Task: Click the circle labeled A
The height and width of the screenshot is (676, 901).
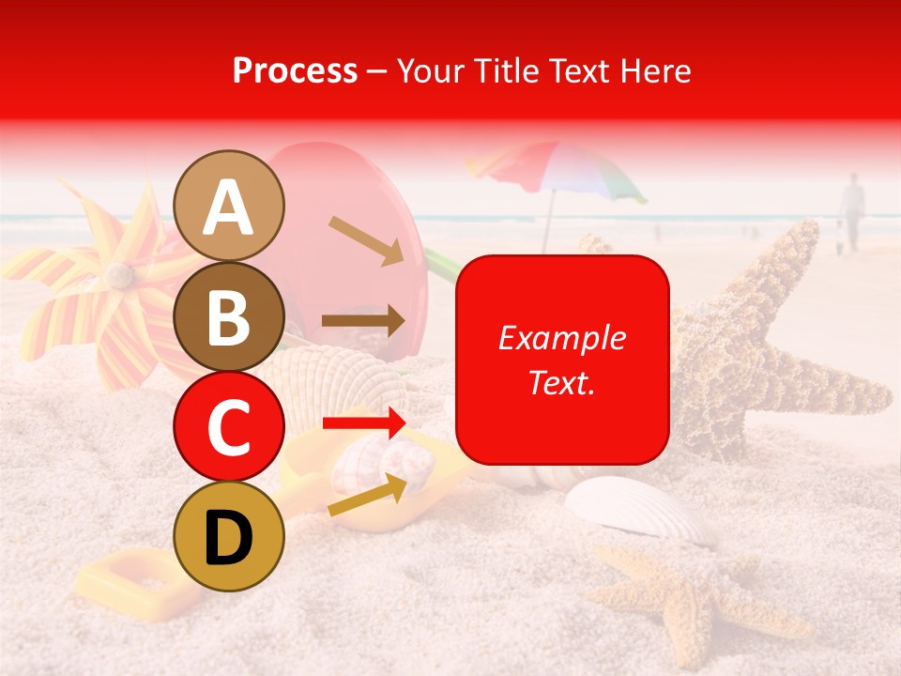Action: click(x=229, y=207)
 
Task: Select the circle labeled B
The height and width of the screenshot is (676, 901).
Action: click(x=229, y=316)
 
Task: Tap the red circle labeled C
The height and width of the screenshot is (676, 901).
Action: click(x=229, y=426)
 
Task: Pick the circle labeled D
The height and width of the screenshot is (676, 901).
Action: click(x=229, y=536)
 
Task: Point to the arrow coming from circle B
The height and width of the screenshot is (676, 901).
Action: click(x=363, y=321)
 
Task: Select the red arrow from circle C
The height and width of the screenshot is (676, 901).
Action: click(x=363, y=422)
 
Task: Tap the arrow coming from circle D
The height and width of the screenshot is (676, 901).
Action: click(x=368, y=495)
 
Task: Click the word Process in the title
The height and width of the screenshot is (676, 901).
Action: click(x=295, y=70)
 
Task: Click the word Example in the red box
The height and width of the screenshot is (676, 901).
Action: click(x=562, y=338)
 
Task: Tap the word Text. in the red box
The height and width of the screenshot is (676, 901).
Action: click(x=562, y=382)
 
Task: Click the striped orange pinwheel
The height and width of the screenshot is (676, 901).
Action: click(x=103, y=282)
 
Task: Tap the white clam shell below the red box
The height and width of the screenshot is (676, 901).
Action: click(x=638, y=507)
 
